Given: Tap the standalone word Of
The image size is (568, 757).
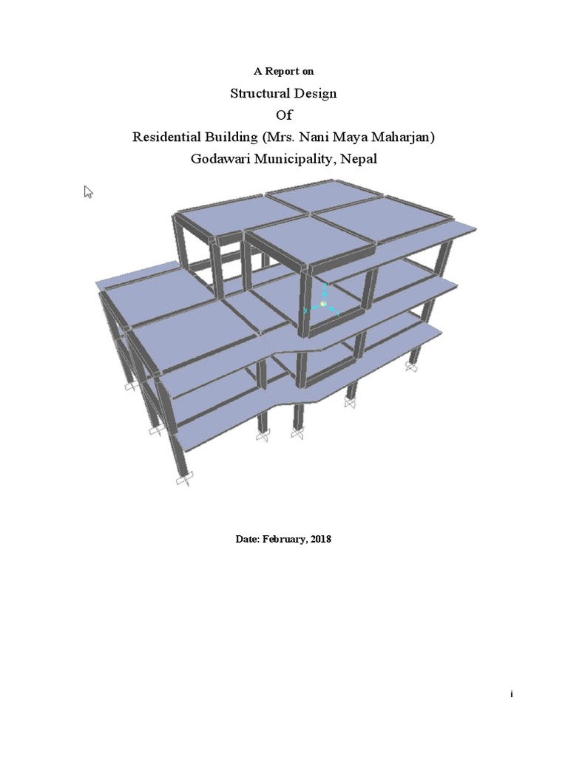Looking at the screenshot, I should (x=284, y=115).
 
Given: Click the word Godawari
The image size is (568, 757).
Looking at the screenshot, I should (x=223, y=158).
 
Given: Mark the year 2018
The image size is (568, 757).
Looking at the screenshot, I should (x=321, y=539).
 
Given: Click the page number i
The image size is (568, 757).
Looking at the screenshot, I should (x=511, y=695).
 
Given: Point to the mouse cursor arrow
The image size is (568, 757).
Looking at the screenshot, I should (x=88, y=191).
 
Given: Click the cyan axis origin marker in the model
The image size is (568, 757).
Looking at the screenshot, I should (x=323, y=305).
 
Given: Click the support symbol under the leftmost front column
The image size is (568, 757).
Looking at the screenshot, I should (x=183, y=481).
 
